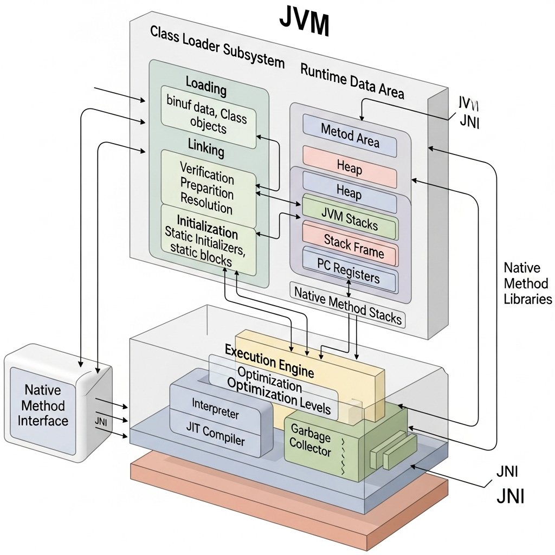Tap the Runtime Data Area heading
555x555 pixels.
(x=352, y=81)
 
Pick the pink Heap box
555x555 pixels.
(x=350, y=168)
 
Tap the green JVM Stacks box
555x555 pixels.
(x=350, y=221)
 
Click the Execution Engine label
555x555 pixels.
(x=269, y=360)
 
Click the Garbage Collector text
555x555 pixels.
(x=311, y=439)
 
